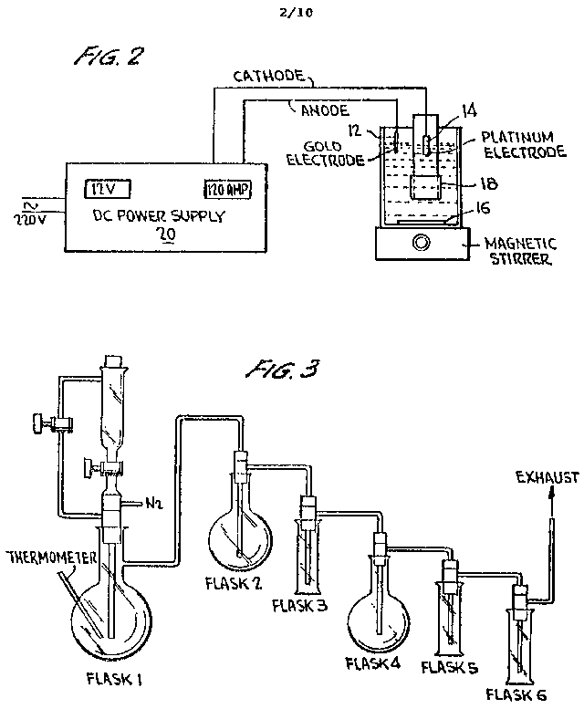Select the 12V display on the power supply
109,189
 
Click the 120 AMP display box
226,189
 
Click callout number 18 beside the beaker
476,183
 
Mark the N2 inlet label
156,502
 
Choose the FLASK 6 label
516,695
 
